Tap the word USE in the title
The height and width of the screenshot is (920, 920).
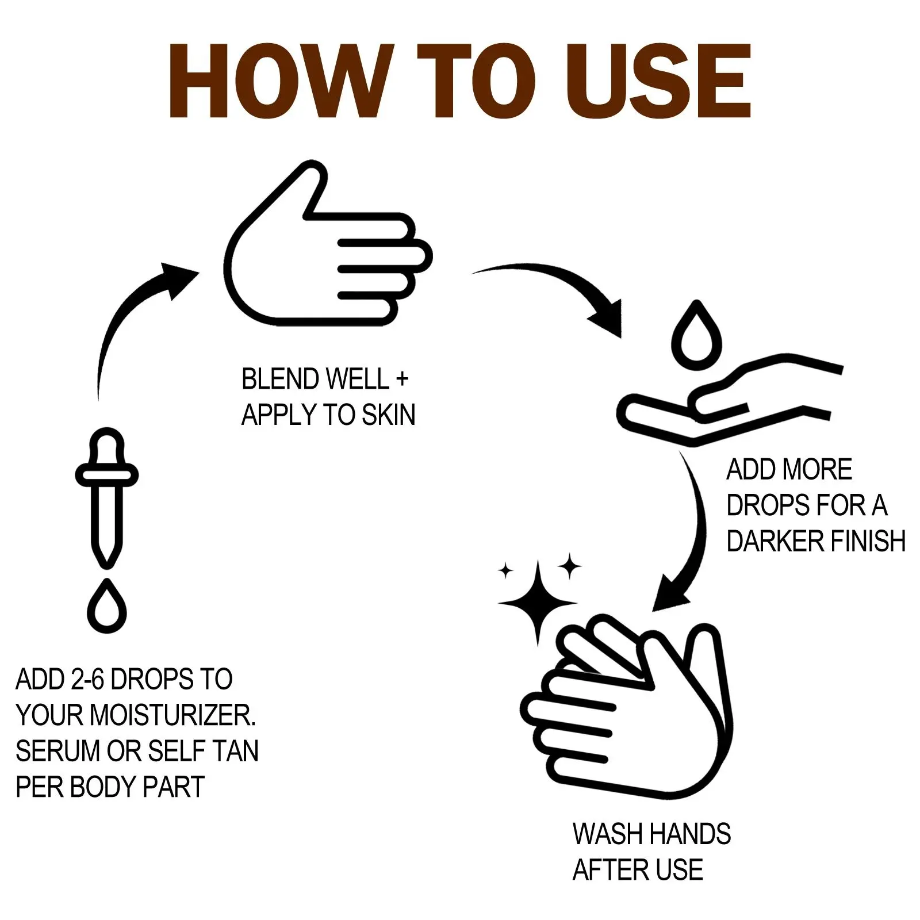[x=657, y=81]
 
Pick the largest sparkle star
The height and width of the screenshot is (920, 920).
[x=538, y=603]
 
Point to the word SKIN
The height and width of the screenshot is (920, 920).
[x=389, y=415]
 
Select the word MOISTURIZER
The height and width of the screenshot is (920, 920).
[x=173, y=715]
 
